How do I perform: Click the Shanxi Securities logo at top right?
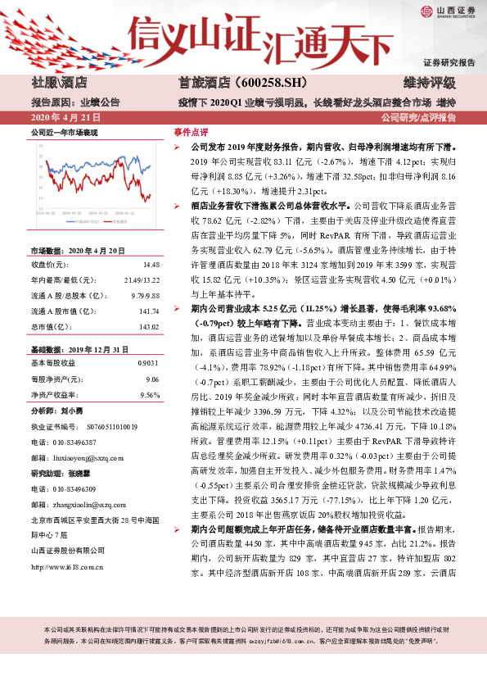(449, 11)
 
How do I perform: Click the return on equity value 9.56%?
(149, 371)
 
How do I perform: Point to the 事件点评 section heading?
(191, 131)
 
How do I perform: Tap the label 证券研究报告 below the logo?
(449, 63)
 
